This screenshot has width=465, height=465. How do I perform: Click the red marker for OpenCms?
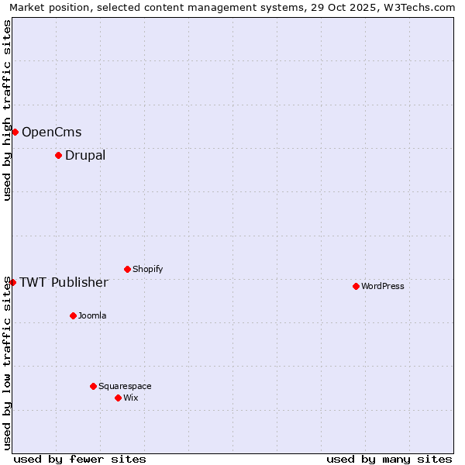[x=15, y=132]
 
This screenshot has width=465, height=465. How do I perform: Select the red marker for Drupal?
[x=58, y=156]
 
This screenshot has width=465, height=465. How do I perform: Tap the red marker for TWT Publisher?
[x=12, y=282]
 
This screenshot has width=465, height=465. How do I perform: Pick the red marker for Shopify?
[x=127, y=269]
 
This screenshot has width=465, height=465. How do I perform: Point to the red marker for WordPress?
[x=356, y=286]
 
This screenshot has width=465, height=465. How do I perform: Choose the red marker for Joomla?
[x=73, y=315]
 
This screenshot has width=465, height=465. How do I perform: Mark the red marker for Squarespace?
[x=93, y=386]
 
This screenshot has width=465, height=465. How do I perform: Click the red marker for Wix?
[x=118, y=398]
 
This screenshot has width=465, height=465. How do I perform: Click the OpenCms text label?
[x=51, y=133]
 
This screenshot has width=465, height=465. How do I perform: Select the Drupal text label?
[x=85, y=156]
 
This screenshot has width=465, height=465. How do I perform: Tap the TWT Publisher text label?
[x=64, y=282]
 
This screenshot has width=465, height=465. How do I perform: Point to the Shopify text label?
[x=147, y=269]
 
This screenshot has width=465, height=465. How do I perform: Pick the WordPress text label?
[x=383, y=286]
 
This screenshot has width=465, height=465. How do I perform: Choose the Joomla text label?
[x=92, y=315]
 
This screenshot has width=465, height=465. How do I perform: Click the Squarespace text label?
[x=125, y=386]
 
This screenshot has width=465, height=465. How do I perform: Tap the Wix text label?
[x=130, y=398]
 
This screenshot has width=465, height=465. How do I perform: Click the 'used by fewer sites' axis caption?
[x=80, y=459]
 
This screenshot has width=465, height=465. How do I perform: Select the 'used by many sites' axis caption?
[x=389, y=459]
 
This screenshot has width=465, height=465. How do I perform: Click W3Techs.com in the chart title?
[x=419, y=8]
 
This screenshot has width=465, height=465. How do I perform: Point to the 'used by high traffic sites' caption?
[x=7, y=111]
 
